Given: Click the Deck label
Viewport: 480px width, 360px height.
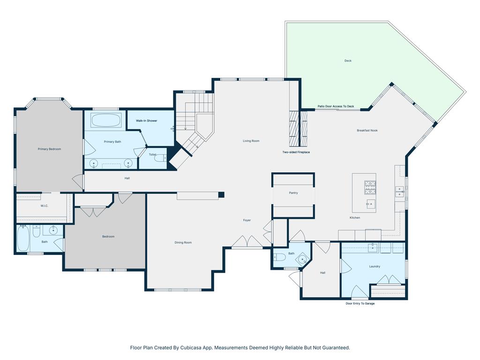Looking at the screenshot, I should tap(348, 60).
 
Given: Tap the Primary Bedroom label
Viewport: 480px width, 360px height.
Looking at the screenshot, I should tap(49, 149).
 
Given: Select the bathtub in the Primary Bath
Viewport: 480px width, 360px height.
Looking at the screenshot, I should tap(106, 120).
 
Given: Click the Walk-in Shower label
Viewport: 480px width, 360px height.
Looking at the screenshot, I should tap(147, 121).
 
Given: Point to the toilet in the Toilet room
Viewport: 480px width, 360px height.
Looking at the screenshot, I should tap(161, 158).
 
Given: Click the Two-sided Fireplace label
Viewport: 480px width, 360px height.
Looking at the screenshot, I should tap(296, 152).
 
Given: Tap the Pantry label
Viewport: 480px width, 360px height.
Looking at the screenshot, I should tap(293, 193).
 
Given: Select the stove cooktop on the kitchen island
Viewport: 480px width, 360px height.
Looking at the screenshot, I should tap(370, 187).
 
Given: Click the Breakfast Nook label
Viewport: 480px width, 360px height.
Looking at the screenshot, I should tap(367, 130).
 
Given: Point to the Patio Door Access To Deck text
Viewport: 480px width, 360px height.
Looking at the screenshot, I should tap(336, 106).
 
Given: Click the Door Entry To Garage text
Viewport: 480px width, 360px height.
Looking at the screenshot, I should tap(360, 303).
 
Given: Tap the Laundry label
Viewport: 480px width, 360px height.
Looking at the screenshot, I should tap(375, 266).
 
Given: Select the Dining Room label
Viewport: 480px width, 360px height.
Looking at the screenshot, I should tap(183, 242).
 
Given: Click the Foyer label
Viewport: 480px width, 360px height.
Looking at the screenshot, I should tap(247, 220).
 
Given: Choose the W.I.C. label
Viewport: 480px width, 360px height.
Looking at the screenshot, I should tap(45, 205).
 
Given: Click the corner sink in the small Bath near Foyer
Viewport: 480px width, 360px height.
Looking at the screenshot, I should tap(303, 259).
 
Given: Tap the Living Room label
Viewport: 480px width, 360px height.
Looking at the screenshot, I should tap(251, 141).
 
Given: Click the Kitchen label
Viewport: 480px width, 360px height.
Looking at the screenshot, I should tap(355, 218).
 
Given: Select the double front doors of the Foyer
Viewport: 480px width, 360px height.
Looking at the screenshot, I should tap(247, 243).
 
